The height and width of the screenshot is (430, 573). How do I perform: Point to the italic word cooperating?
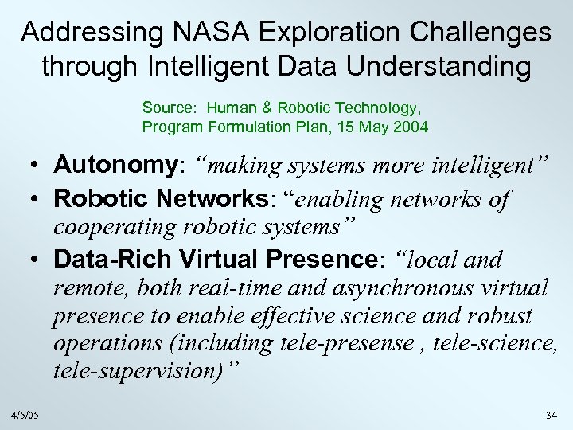(x=116, y=227)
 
